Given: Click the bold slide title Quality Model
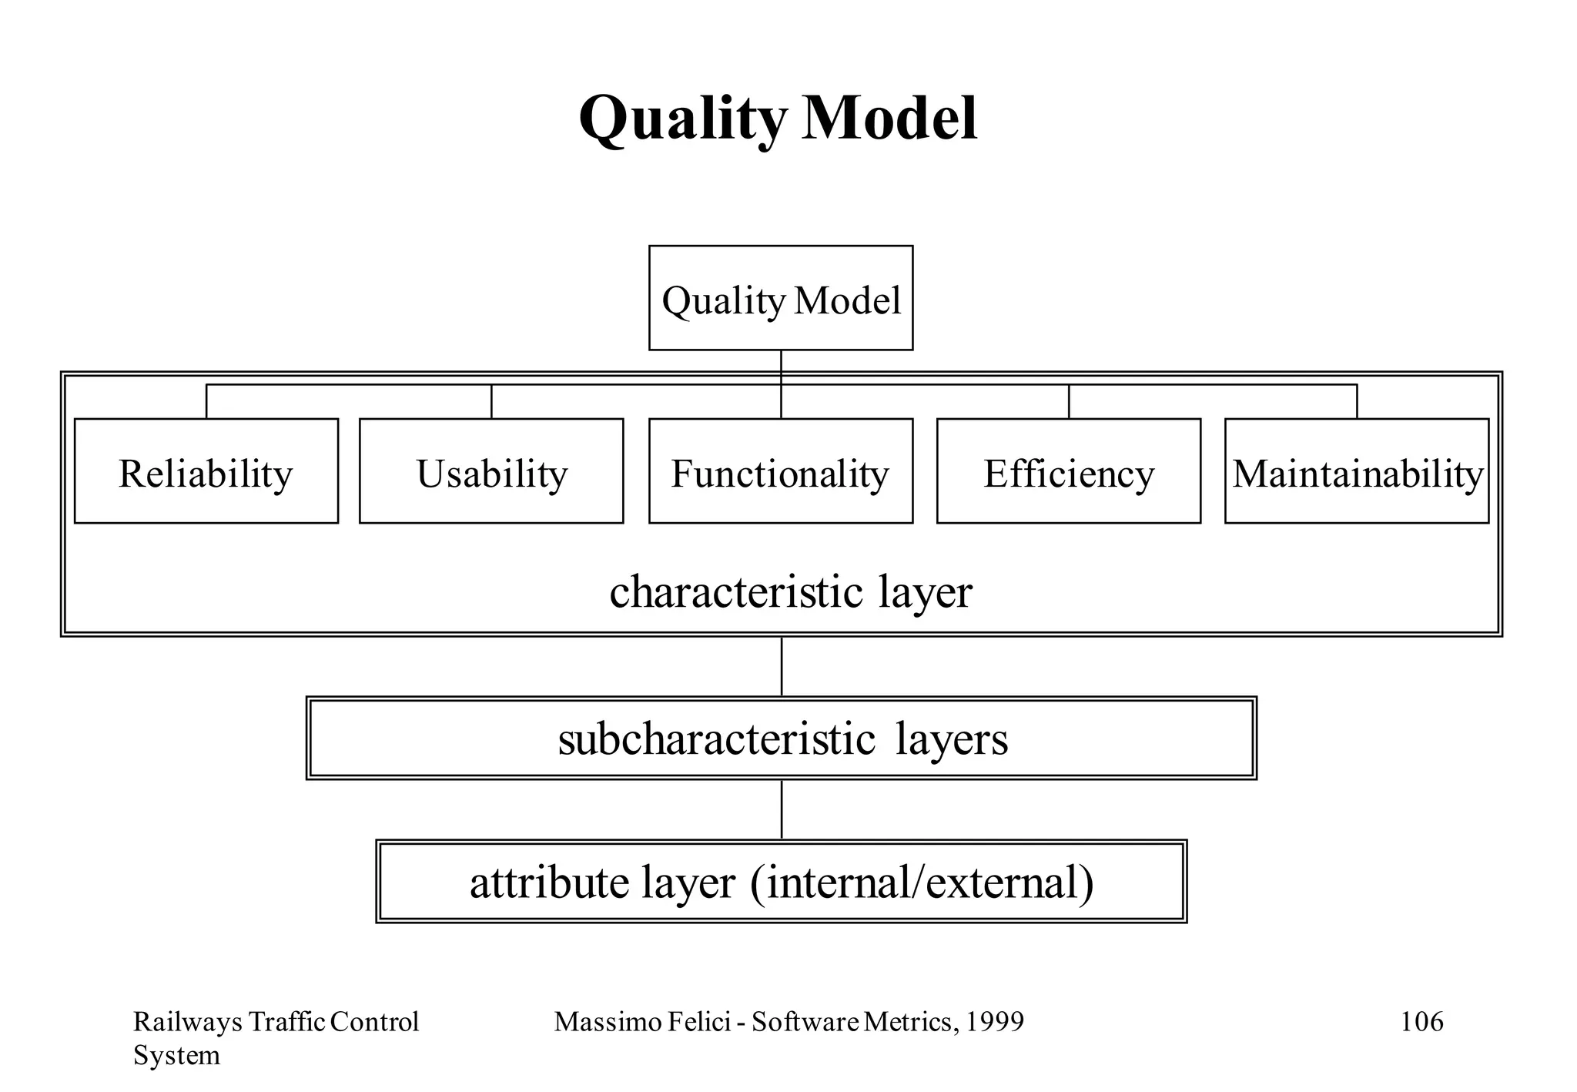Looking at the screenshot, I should [778, 119].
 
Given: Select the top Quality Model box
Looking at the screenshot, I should [781, 299].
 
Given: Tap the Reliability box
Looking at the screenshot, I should [206, 471].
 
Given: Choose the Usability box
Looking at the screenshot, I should [491, 471].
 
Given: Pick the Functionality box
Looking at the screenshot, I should [781, 471].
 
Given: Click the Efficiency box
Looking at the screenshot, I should [1069, 471].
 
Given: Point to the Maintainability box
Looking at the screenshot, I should [1357, 471].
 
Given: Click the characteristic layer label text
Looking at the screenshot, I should [791, 591].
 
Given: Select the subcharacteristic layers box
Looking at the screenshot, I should [782, 739].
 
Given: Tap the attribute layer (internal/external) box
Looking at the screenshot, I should [782, 882].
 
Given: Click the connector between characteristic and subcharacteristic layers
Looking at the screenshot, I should [782, 667].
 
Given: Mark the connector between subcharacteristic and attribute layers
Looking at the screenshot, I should [782, 809].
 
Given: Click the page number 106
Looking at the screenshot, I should [1421, 1022].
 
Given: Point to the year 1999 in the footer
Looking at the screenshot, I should [995, 1022].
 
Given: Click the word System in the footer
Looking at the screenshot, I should [176, 1055].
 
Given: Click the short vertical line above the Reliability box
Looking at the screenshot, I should [206, 401].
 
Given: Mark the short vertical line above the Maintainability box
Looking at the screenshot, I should [1357, 401].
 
